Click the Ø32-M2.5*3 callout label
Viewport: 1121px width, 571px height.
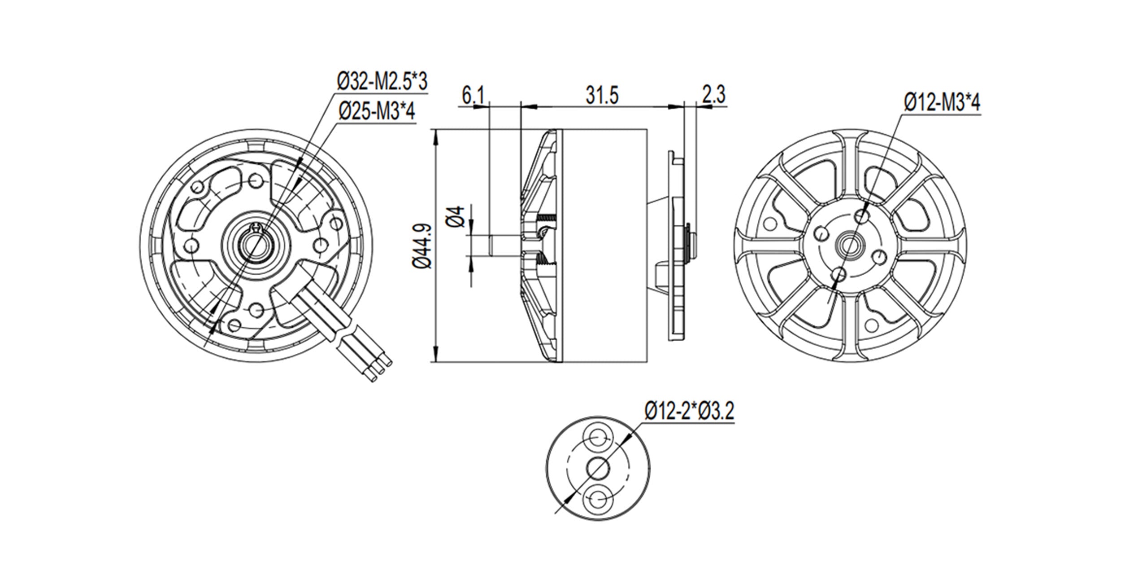point(382,82)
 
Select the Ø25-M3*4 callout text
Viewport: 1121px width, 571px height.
point(377,110)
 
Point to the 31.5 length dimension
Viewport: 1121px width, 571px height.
point(602,96)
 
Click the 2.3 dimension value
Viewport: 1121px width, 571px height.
point(713,96)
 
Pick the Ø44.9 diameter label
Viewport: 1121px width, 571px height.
point(423,246)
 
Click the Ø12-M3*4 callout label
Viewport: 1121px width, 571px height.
point(942,103)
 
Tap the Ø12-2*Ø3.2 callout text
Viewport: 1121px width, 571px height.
point(690,412)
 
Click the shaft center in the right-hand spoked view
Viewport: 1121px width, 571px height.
point(848,245)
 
